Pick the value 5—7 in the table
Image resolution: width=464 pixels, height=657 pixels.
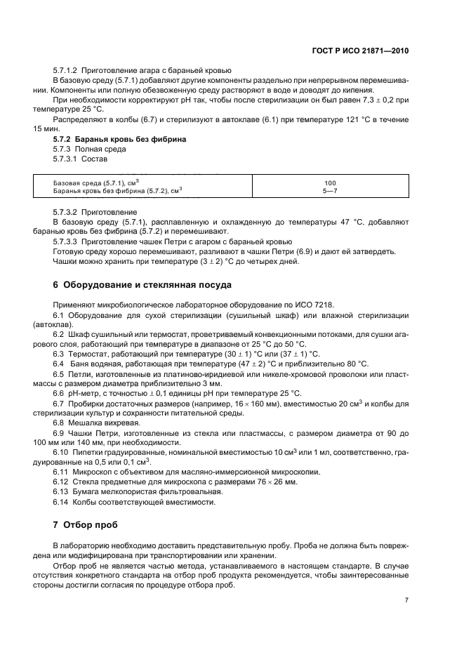pyautogui.click(x=330, y=190)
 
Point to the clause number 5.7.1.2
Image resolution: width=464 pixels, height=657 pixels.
pyautogui.click(x=66, y=71)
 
